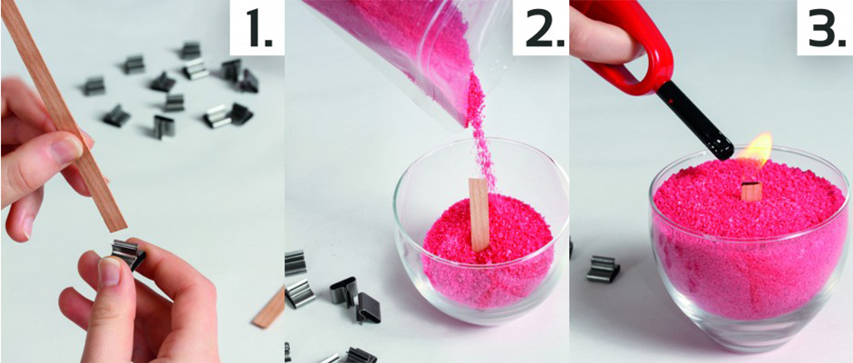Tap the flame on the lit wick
[x=759, y=150]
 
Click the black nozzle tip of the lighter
[x=718, y=146]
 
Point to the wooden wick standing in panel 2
[x=480, y=215]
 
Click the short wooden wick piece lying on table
[x=270, y=309]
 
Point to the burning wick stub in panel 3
[x=751, y=191]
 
